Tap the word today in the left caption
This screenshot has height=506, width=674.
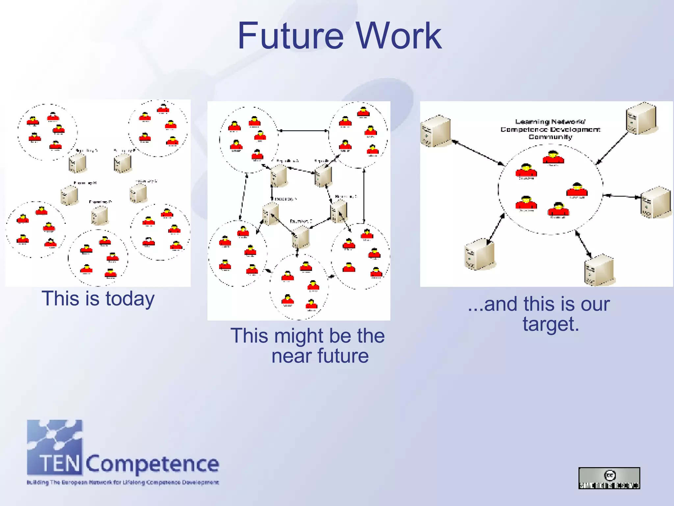(x=130, y=299)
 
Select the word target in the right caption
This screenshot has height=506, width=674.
(x=551, y=324)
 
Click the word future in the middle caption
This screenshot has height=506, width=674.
(x=343, y=356)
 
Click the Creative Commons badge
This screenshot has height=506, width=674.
(x=609, y=478)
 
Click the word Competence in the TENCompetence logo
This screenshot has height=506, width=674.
(x=152, y=464)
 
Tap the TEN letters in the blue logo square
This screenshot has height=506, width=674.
(x=60, y=463)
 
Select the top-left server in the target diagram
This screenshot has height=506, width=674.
(x=435, y=131)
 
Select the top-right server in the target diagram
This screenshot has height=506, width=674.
(x=641, y=118)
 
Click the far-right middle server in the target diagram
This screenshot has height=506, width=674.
(x=655, y=202)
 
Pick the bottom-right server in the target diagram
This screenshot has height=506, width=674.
(x=599, y=269)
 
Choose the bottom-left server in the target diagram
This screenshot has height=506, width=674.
(x=480, y=254)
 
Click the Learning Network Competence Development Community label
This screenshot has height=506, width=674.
(x=550, y=129)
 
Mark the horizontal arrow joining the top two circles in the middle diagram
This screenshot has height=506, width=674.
(x=303, y=131)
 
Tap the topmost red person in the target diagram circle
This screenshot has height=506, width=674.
(x=553, y=157)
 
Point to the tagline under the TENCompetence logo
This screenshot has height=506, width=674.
(x=123, y=483)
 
